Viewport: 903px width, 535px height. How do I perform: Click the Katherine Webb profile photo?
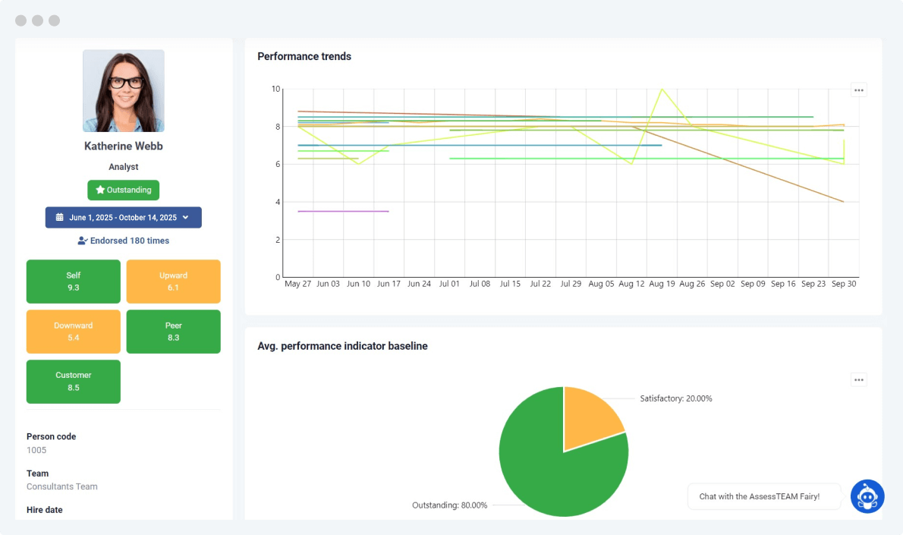(123, 91)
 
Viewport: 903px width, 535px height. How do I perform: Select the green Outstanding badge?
(124, 190)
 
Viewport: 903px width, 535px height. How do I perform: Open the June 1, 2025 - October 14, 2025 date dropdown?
(124, 218)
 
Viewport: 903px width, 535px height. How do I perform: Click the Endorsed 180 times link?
(124, 241)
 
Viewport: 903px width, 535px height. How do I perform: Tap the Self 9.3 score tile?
(74, 282)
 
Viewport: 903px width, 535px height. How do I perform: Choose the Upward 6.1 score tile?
(173, 282)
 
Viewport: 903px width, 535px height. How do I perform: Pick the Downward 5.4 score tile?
(74, 332)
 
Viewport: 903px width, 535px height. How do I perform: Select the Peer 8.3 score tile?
(173, 332)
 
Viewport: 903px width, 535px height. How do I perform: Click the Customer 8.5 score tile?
(74, 382)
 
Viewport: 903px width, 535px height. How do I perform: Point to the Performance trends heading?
(304, 56)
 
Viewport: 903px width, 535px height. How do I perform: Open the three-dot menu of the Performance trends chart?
(858, 90)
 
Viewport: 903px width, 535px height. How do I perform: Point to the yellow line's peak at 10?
(662, 90)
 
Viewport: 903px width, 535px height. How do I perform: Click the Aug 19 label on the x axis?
(661, 284)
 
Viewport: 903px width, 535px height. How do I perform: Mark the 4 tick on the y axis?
(277, 202)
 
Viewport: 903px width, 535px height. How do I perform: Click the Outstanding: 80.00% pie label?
(449, 505)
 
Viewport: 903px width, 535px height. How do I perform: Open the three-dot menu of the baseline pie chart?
(858, 380)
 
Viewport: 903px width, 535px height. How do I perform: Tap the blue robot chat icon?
(867, 497)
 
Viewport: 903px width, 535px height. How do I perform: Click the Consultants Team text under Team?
(62, 486)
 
